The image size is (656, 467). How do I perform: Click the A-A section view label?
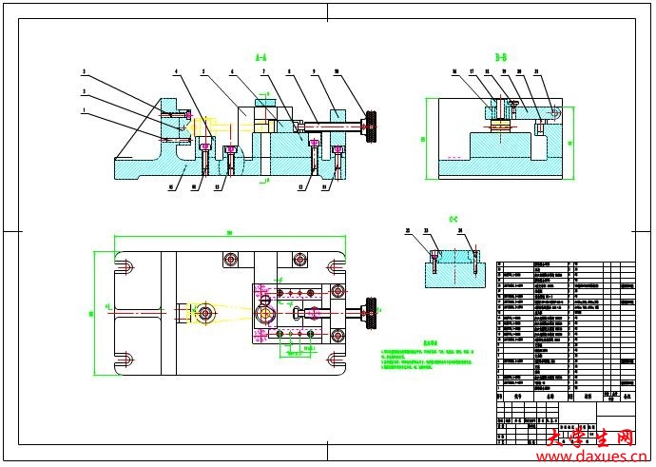261,59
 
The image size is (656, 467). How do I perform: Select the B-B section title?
501,59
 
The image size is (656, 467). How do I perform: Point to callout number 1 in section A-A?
84,110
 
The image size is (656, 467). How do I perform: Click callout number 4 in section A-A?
176,72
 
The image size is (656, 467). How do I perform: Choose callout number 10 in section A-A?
337,72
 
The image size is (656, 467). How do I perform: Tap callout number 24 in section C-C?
461,230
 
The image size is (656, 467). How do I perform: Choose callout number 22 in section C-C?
408,230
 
